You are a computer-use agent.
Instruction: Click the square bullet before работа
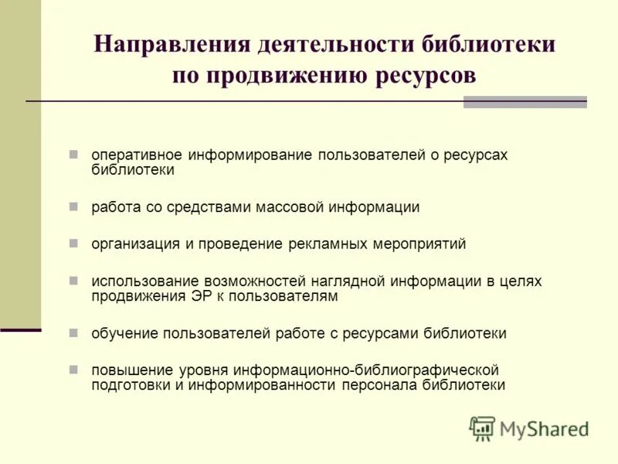point(73,206)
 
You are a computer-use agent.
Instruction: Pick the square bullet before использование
point(73,281)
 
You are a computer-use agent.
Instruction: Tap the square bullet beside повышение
point(73,370)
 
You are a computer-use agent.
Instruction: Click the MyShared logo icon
point(482,428)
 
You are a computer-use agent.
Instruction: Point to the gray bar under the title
point(525,102)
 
